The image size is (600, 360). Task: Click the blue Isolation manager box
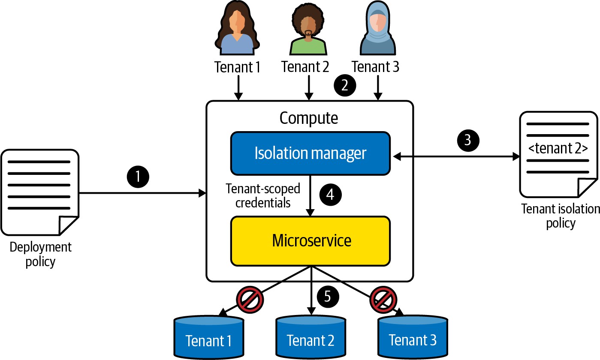[x=310, y=153]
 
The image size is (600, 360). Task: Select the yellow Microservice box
[x=310, y=240]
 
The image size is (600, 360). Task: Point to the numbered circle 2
[x=344, y=86]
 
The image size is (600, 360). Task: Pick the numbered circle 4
[x=330, y=195]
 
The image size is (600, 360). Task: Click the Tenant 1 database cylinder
[x=209, y=336]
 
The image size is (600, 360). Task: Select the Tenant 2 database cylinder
[x=311, y=336]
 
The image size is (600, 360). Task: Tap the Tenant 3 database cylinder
[x=412, y=336]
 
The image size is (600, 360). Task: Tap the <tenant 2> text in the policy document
[x=558, y=149]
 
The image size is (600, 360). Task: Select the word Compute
[x=309, y=117]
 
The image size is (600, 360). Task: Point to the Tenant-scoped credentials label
[x=263, y=195]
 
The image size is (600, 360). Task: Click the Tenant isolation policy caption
[x=560, y=216]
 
